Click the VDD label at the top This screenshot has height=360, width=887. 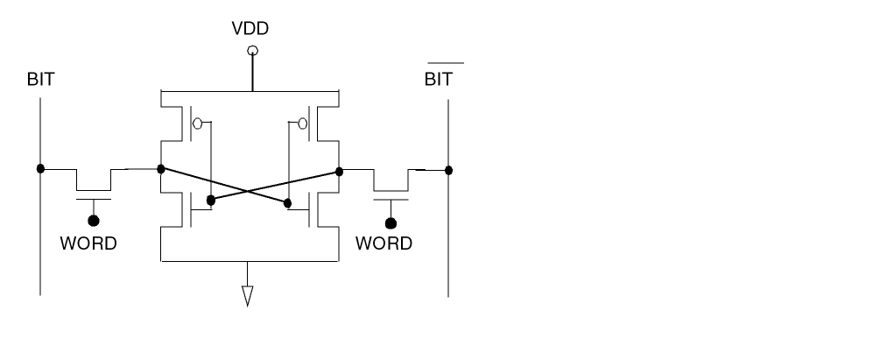coord(250,29)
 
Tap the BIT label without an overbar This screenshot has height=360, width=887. coord(41,81)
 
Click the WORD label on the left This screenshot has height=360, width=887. coord(88,244)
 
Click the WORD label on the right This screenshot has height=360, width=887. coord(384,244)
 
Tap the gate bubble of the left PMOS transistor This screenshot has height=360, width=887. coord(197,124)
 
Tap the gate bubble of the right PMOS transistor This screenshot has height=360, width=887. coord(303,124)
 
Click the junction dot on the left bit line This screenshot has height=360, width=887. coord(41,167)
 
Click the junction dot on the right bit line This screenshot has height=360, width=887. coord(449,169)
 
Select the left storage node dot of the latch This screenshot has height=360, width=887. coord(161,167)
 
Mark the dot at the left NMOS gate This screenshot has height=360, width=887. coord(210,201)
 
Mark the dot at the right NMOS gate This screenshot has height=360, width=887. coord(288,204)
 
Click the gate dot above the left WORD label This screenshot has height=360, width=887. coord(94,221)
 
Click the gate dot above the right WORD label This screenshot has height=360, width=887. coord(391,222)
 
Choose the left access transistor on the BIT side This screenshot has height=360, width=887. coord(94,184)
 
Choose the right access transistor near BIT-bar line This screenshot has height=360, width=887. coord(391,186)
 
